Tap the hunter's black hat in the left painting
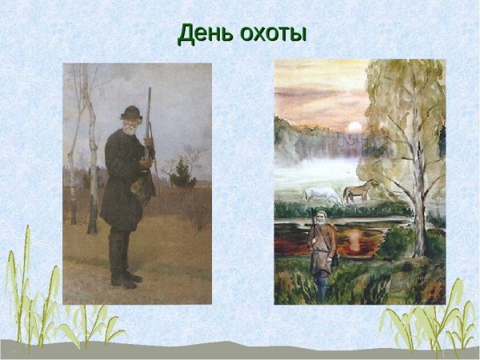tap(131, 111)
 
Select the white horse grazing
tap(321, 194)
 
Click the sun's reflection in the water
tap(352, 238)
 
